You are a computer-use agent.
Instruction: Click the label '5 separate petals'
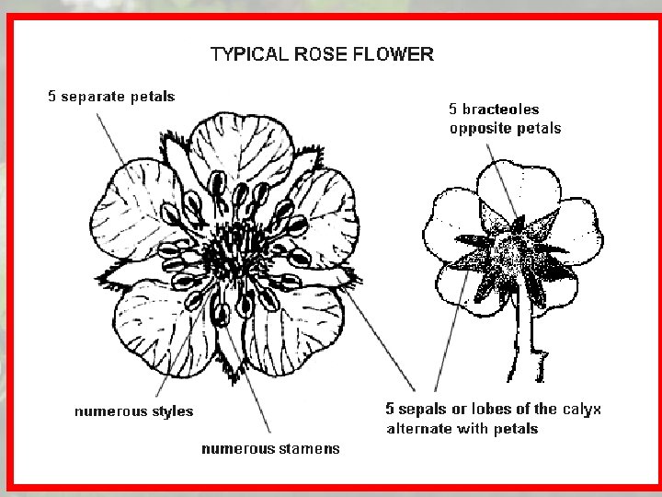tap(111, 96)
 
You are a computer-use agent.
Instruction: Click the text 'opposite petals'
tap(505, 128)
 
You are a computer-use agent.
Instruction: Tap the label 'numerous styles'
tap(133, 411)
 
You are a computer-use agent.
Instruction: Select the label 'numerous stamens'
tap(270, 449)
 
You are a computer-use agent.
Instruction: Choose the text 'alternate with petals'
tap(462, 429)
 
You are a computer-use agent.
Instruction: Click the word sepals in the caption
tap(423, 410)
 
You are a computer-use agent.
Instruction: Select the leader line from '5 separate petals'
tap(129, 147)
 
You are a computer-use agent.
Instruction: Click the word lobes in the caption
tap(493, 410)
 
